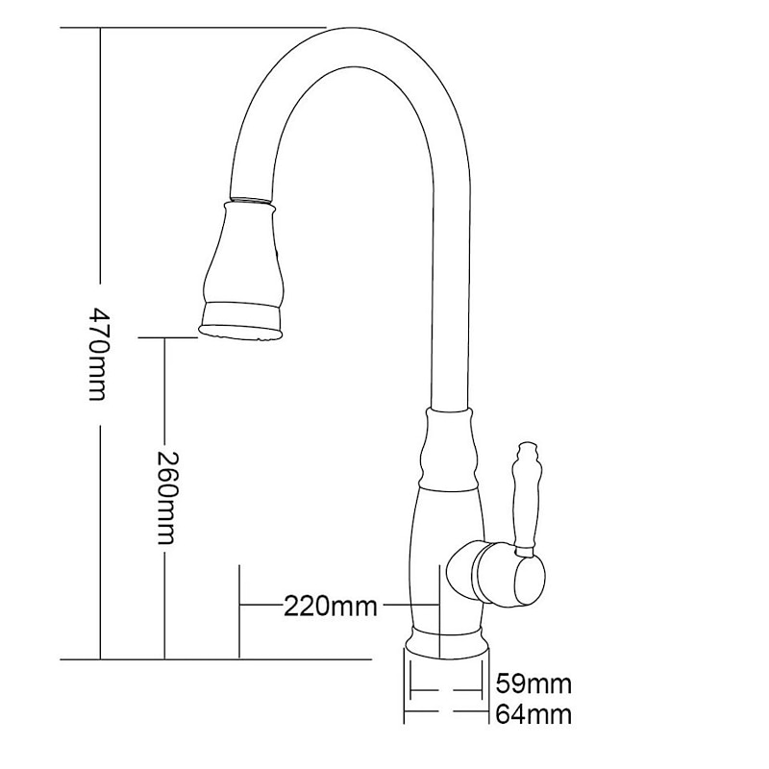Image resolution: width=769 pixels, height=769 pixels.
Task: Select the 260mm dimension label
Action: (165, 497)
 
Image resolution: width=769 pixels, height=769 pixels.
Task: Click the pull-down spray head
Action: (244, 264)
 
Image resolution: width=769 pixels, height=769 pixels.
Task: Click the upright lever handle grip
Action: (527, 500)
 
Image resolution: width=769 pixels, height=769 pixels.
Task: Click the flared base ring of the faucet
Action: (446, 641)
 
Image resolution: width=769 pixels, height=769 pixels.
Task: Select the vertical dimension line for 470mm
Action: (100, 192)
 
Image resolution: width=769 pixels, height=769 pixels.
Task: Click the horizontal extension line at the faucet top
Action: (192, 28)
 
